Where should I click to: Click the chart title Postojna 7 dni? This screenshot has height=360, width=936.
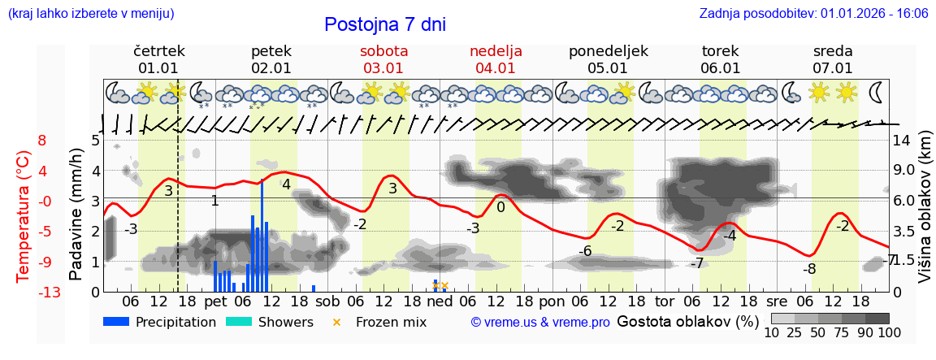click(384, 24)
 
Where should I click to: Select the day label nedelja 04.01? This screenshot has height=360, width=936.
click(496, 59)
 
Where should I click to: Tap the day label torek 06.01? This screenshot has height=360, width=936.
click(720, 59)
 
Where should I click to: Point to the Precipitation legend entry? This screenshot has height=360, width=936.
click(160, 322)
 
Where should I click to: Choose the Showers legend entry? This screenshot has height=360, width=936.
click(269, 322)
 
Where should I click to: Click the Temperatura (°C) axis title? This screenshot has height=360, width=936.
click(24, 215)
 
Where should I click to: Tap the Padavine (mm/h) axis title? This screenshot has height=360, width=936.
click(76, 215)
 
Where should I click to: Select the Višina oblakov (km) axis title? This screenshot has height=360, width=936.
click(924, 215)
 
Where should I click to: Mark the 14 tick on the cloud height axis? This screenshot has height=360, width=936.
click(903, 140)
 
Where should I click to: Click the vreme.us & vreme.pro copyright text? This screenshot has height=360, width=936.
click(539, 323)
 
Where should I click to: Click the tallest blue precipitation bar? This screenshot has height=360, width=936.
click(262, 236)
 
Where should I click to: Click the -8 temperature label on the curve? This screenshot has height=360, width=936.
click(809, 269)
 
